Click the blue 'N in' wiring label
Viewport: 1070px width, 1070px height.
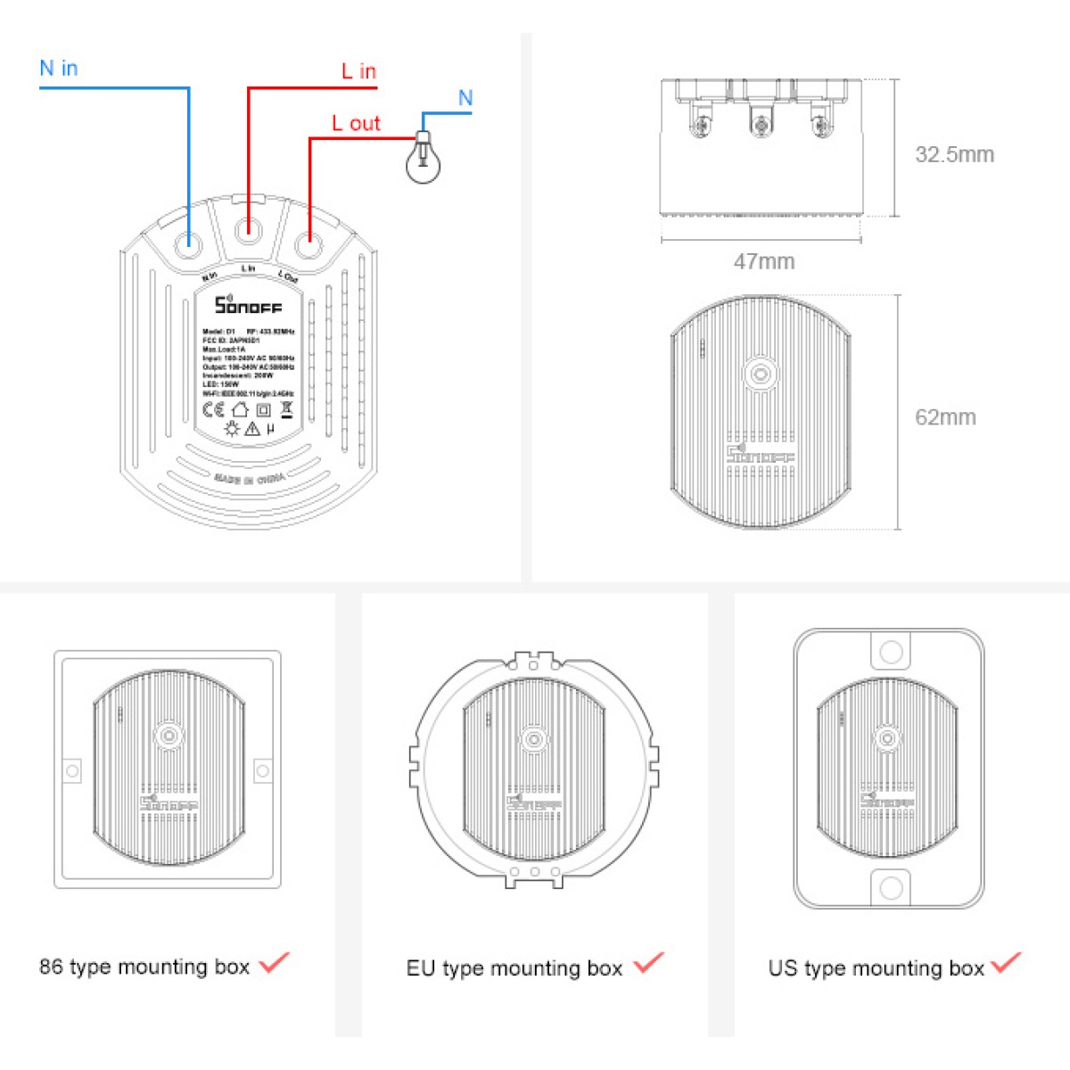point(59,69)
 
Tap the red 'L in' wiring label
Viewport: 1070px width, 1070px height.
point(358,71)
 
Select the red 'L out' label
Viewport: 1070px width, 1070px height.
point(356,124)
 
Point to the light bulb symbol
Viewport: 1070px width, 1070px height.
point(423,160)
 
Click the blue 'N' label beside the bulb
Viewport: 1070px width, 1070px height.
point(465,98)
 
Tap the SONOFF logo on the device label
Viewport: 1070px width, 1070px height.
point(247,305)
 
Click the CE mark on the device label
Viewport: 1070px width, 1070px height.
point(213,410)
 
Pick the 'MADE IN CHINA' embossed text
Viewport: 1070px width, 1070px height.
point(249,479)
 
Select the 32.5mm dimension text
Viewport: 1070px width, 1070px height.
point(954,154)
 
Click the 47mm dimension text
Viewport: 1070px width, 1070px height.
point(763,261)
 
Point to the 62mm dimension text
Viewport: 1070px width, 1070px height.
point(945,417)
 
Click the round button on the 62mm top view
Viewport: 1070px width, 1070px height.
point(760,374)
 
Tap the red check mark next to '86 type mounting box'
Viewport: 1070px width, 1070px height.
point(274,963)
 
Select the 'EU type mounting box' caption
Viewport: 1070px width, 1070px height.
point(514,968)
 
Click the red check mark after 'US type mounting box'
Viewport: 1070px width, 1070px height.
point(1006,963)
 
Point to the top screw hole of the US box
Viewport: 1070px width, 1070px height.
point(891,652)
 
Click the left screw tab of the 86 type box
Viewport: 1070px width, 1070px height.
point(72,770)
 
